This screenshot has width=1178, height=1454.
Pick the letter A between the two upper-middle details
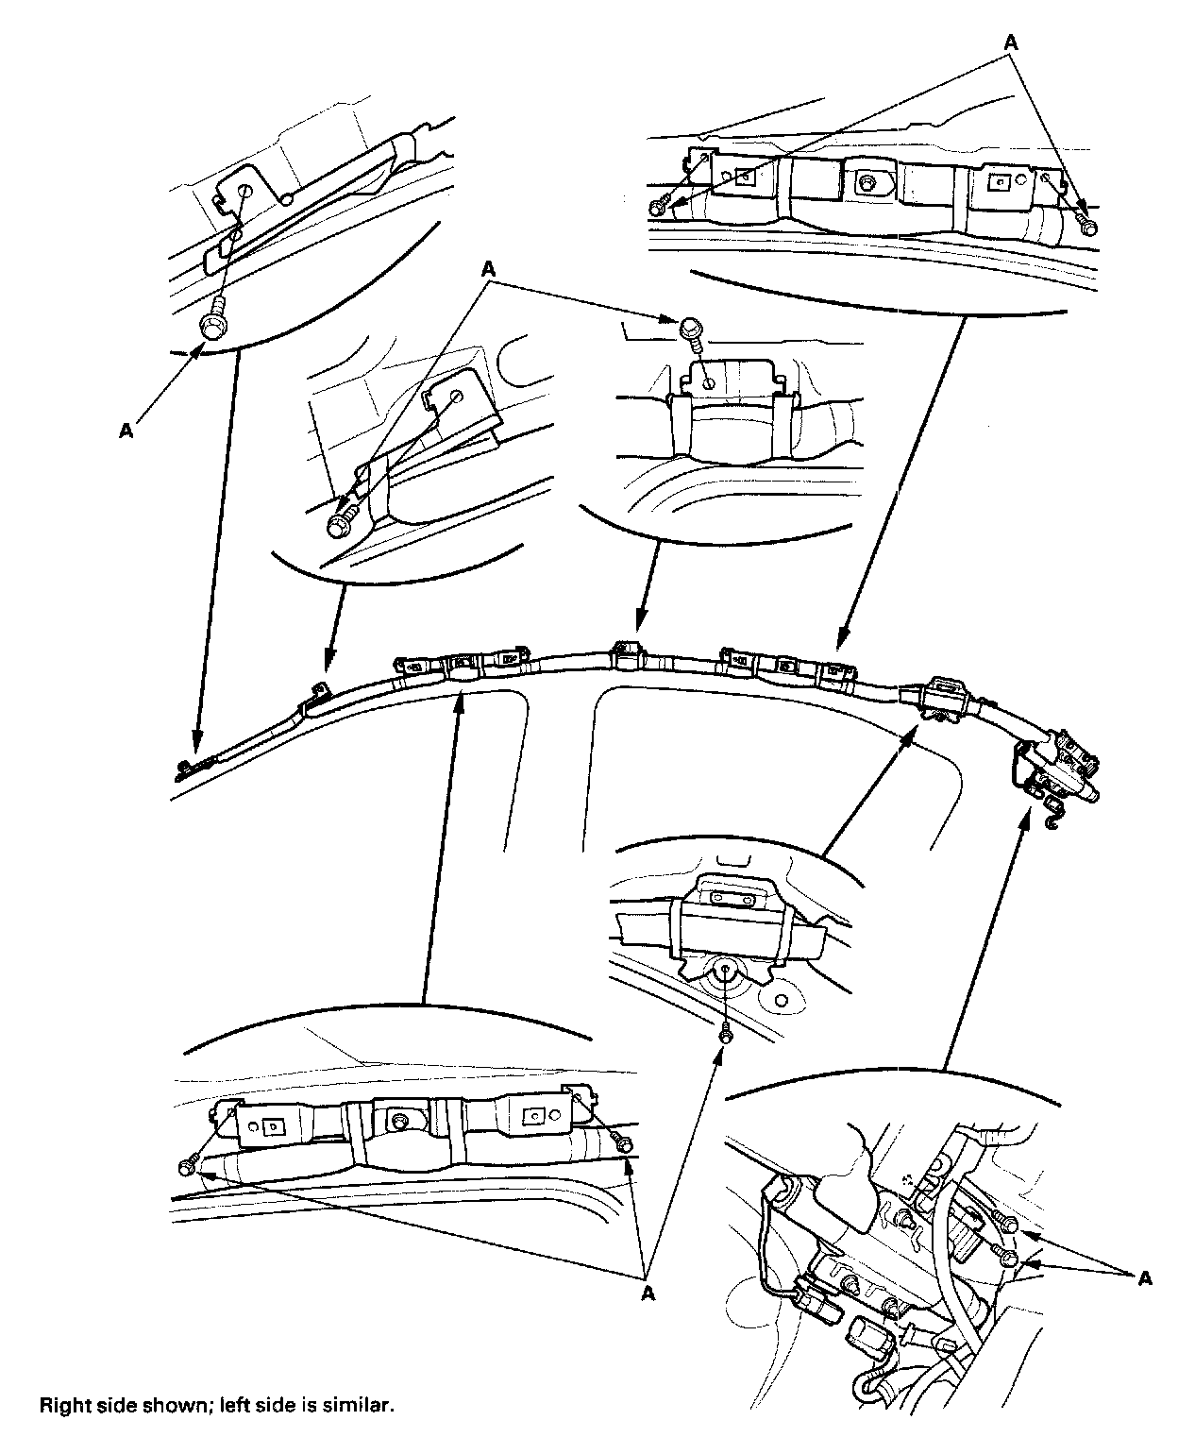[489, 268]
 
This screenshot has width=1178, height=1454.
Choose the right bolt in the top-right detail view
[1087, 227]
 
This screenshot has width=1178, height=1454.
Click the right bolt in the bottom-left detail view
[623, 1143]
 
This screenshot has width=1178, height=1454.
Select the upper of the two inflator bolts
[1009, 1226]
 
